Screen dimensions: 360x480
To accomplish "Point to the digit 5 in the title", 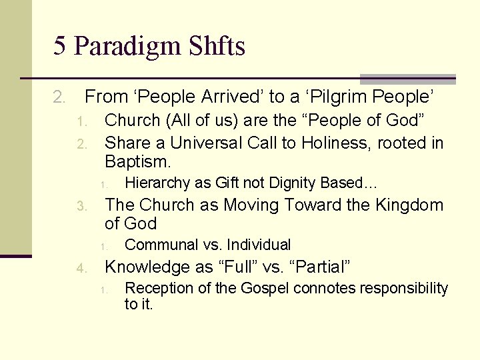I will coord(60,47).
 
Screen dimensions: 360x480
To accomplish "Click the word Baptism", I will coord(138,161).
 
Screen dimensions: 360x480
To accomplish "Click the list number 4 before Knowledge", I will coord(81,269).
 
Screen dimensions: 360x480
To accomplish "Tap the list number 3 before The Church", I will coord(81,206).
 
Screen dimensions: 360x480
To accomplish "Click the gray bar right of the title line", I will coord(407,79).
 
